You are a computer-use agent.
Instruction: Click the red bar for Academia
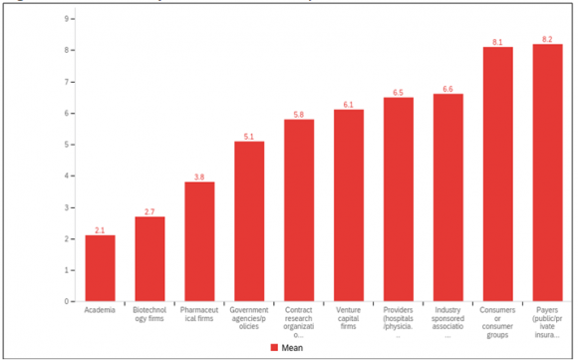pos(100,268)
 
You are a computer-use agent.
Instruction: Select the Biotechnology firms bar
pos(149,259)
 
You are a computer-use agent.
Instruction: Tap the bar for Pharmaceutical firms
pos(199,241)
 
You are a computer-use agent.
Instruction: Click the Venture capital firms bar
pos(349,205)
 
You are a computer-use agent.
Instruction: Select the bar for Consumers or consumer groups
pos(498,175)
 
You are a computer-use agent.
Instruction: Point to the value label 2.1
pos(100,229)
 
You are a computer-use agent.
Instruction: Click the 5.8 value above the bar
pos(299,114)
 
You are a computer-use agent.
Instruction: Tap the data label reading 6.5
pos(399,92)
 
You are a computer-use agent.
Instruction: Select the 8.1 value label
pos(498,42)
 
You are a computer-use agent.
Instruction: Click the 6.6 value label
pos(448,89)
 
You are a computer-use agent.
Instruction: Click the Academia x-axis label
pos(100,311)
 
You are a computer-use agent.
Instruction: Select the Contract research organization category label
pos(299,322)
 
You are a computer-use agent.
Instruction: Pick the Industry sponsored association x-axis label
pos(448,322)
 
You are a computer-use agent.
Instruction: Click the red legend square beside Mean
pos(274,348)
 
